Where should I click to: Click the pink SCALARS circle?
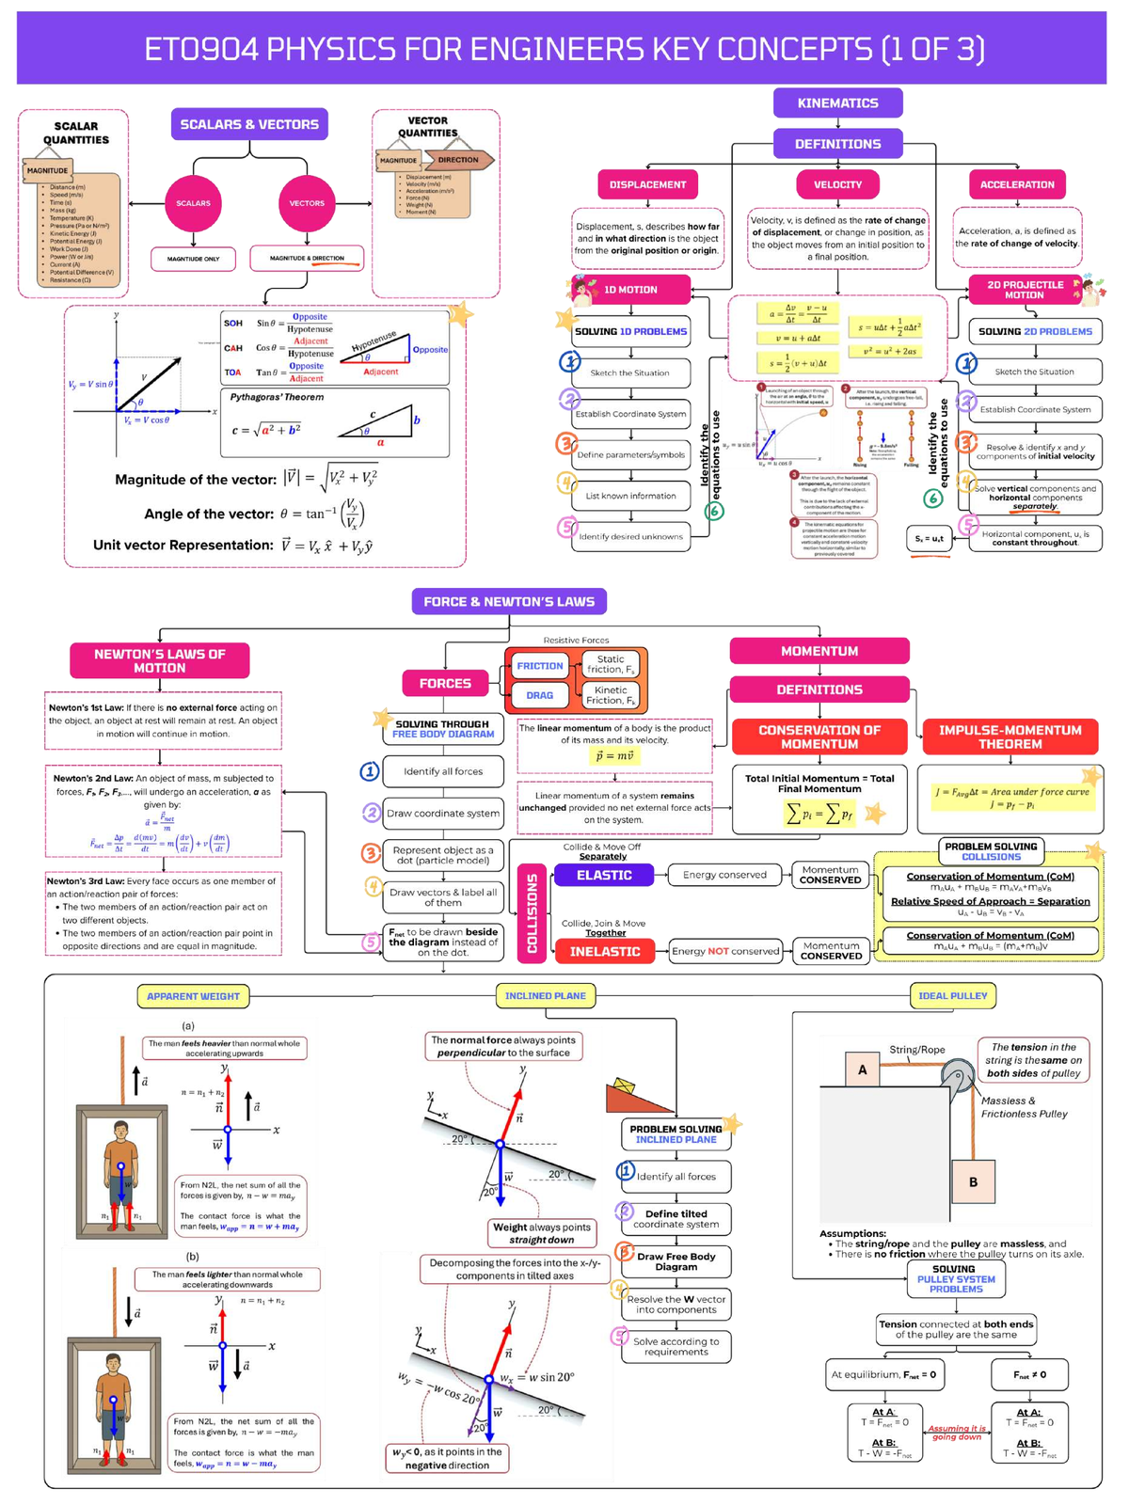tap(193, 203)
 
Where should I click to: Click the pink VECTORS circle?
tap(307, 203)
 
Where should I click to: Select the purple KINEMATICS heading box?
tap(837, 103)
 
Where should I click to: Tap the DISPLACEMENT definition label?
tap(647, 184)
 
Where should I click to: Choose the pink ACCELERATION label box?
tap(1017, 184)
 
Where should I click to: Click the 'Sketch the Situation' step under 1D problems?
tap(630, 372)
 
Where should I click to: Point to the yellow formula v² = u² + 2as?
tap(884, 351)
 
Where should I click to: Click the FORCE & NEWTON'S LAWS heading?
tap(509, 601)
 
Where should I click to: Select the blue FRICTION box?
tap(540, 666)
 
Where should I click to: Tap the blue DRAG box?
tap(540, 695)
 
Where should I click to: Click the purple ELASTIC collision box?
tap(604, 875)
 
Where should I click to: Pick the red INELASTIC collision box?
tap(605, 951)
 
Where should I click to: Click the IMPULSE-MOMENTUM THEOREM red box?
tap(1010, 737)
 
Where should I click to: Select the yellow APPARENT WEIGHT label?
tap(193, 995)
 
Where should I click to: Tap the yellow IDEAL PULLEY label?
tap(952, 995)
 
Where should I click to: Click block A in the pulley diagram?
tap(862, 1069)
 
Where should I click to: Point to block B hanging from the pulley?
tap(972, 1181)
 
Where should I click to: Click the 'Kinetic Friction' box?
tap(611, 695)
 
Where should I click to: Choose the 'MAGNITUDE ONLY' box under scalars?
tap(193, 259)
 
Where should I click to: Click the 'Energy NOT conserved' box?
tap(725, 951)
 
